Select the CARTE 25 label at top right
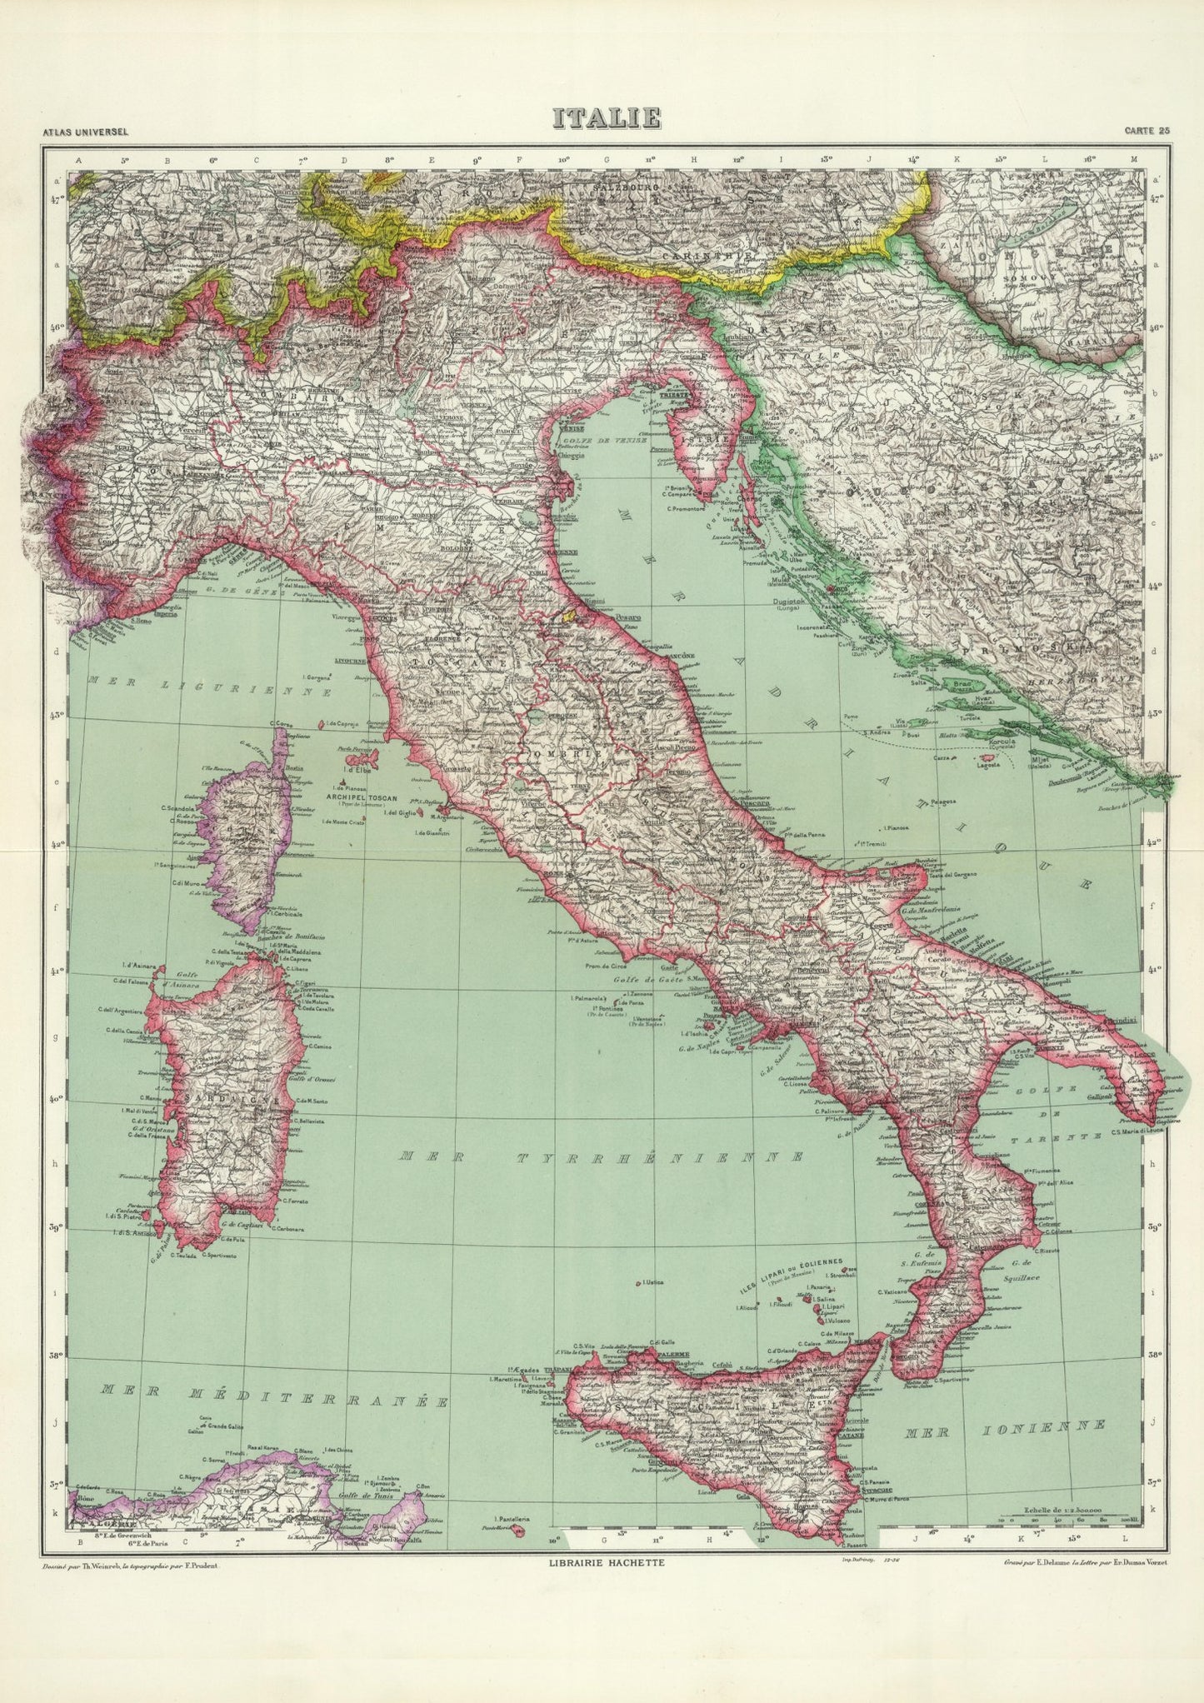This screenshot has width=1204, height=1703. point(1147,131)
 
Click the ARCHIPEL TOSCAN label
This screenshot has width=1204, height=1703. point(348,795)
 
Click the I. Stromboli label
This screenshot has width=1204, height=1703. point(841,1276)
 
